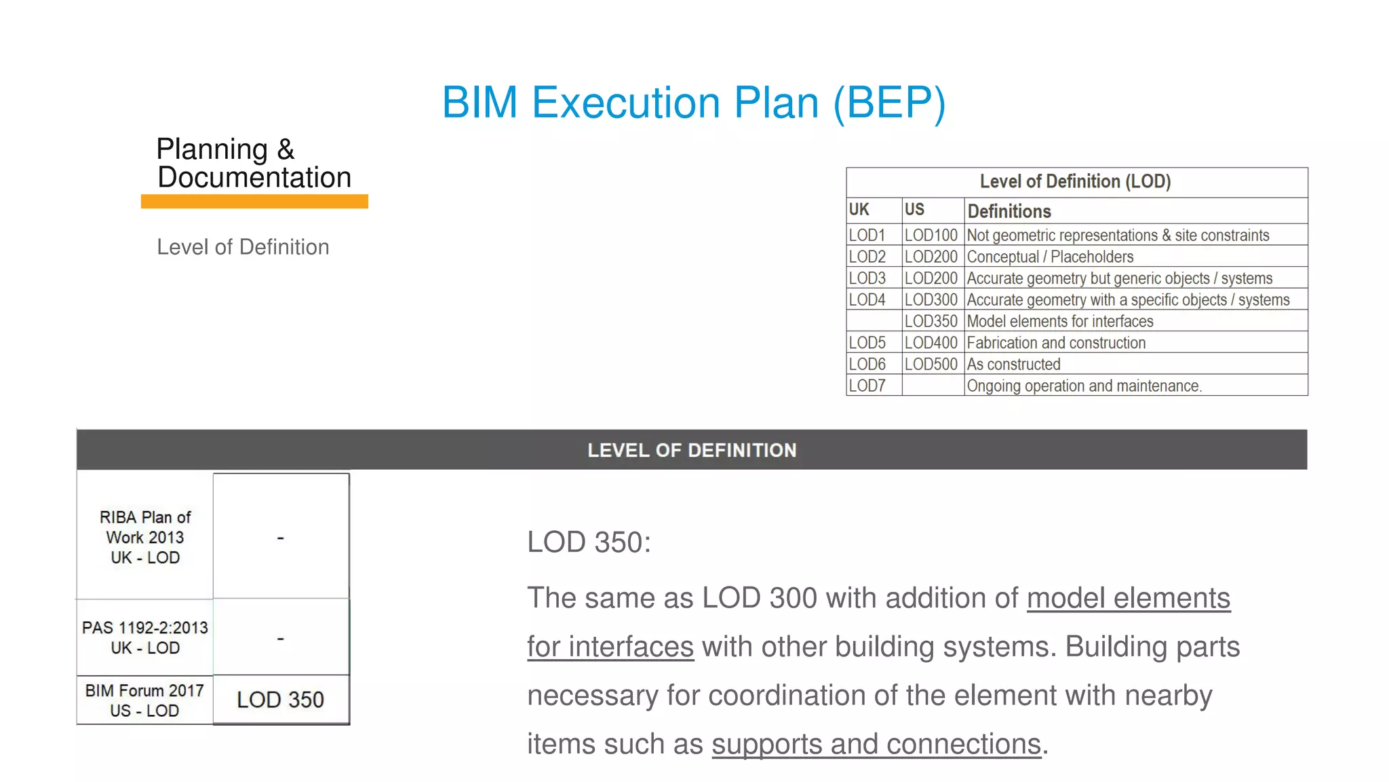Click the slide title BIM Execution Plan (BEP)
click(693, 103)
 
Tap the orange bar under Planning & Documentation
click(254, 202)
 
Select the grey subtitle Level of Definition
click(243, 247)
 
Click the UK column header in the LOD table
click(859, 210)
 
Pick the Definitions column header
click(1009, 211)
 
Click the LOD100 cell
click(931, 236)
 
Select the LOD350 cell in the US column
click(931, 321)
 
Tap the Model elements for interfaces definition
click(1059, 321)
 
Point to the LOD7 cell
click(867, 386)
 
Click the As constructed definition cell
click(1013, 365)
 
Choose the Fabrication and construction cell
click(1056, 343)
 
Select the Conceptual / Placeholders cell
click(1050, 257)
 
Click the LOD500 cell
click(931, 365)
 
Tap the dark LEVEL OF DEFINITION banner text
click(692, 450)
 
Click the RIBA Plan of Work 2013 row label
click(145, 537)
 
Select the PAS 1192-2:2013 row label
click(145, 637)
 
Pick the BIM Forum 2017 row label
click(144, 701)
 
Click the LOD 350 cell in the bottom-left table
click(280, 700)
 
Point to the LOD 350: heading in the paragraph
click(589, 542)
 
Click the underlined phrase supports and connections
click(876, 745)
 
